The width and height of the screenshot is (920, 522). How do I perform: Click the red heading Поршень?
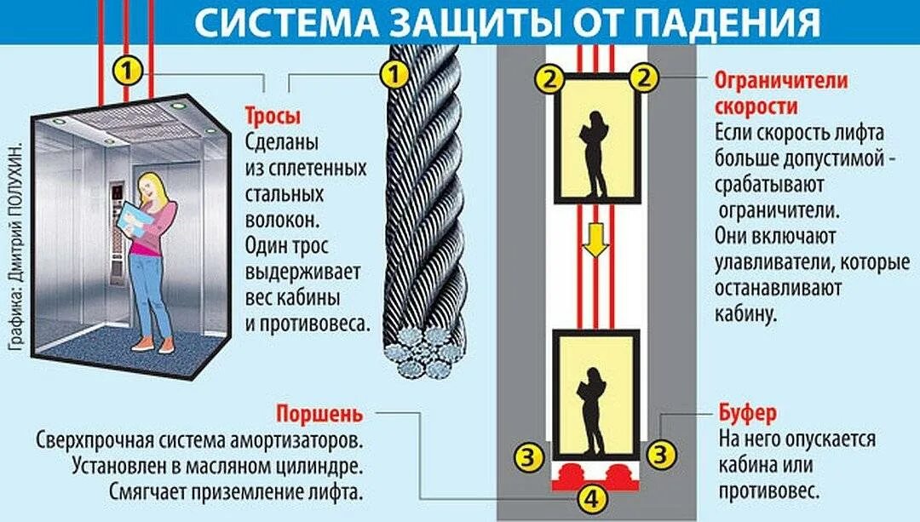click(x=319, y=415)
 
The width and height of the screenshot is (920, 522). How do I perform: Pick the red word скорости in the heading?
click(x=756, y=107)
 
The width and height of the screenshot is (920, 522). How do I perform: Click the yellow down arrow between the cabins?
click(x=594, y=242)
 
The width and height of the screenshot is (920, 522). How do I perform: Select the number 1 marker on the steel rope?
click(x=394, y=75)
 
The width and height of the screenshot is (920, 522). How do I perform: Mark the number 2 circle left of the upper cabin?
click(x=549, y=79)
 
